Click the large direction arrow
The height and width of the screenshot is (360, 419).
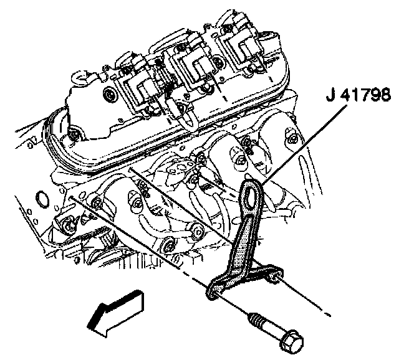coord(116,310)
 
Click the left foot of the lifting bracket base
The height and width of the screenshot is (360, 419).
coord(213,288)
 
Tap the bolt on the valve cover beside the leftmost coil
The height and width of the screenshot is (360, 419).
coord(110,95)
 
